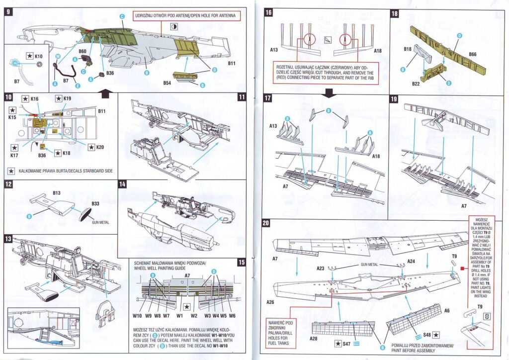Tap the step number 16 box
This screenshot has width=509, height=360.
pos(268,13)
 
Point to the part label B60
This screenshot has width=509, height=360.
pos(83,51)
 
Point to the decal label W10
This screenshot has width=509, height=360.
pos(137,315)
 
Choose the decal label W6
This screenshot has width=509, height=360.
pos(232,315)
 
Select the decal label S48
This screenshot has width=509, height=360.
pos(427,335)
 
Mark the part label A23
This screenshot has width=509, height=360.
pos(320,269)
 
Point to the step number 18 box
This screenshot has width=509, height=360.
pos(395,13)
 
